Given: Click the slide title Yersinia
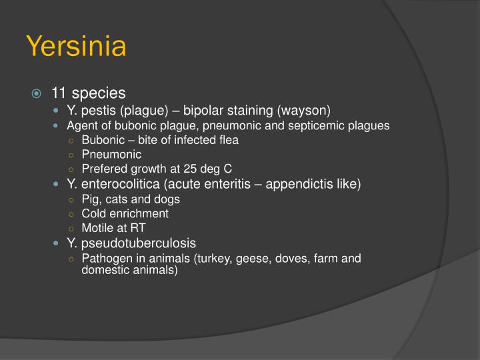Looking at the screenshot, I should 76,47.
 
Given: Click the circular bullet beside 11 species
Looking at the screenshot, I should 39,93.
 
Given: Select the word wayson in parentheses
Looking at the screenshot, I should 305,109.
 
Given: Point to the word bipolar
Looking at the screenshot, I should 204,109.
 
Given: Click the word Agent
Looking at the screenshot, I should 81,125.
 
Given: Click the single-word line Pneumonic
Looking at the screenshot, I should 111,155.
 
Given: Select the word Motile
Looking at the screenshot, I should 97,228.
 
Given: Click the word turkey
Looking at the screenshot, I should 210,258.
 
